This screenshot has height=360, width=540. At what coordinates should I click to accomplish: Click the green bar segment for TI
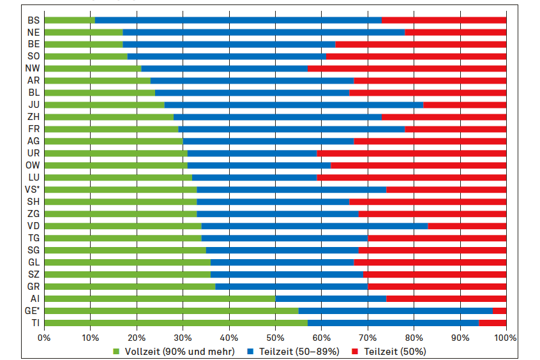point(176,323)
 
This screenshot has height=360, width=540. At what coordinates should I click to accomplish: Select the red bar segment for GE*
point(499,311)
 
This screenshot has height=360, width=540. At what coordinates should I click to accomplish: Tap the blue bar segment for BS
point(238,20)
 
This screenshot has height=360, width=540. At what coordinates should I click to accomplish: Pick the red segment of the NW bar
point(407,68)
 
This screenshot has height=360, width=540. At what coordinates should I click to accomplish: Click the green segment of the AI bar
point(160,299)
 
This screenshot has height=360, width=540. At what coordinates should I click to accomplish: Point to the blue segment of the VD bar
point(315,226)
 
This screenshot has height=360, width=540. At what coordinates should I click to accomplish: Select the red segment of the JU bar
point(465,105)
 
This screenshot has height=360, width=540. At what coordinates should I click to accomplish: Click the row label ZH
point(33,117)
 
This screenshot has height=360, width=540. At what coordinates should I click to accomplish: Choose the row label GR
point(33,287)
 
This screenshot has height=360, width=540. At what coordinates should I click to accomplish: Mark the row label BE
point(33,44)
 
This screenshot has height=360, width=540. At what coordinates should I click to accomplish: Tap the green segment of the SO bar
point(86,56)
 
